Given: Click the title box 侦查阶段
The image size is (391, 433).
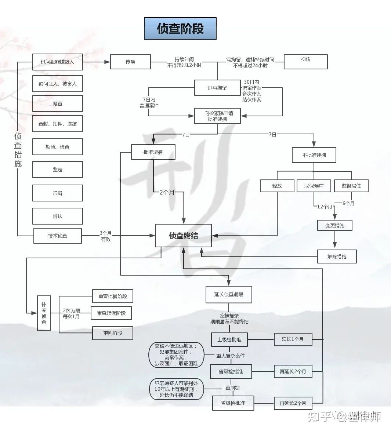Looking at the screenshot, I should coord(180,29).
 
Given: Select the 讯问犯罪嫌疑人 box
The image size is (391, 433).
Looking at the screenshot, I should coord(57,62).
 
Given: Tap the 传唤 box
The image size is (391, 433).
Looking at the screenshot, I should coord(130,62).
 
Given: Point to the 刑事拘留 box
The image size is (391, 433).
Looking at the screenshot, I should coord(217,88).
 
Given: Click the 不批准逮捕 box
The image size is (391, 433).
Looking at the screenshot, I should coord(314,155).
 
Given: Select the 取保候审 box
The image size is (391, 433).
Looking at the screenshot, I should coord(314,186).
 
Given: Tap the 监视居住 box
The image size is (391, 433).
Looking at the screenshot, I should coord(351,186).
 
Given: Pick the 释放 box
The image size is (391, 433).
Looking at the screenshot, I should coord(277,186).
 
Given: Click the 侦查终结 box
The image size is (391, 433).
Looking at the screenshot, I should coord(183,236).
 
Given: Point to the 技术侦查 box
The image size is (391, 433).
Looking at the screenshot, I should coord(57,236).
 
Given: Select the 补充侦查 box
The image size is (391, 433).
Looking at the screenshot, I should coord(44,313).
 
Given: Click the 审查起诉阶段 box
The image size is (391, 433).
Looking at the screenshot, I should coord(111,313).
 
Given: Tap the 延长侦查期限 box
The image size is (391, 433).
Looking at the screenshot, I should coord(229,294).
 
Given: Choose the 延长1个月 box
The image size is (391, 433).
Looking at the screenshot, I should coord(293,339).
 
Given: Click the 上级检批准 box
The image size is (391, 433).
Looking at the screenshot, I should coord(229,339).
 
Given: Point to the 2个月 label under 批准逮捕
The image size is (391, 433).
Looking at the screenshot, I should coord(167,192).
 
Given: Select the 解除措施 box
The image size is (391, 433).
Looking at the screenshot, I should coord(337,256).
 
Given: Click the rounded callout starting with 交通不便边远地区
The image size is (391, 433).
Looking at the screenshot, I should coord(176,355).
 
